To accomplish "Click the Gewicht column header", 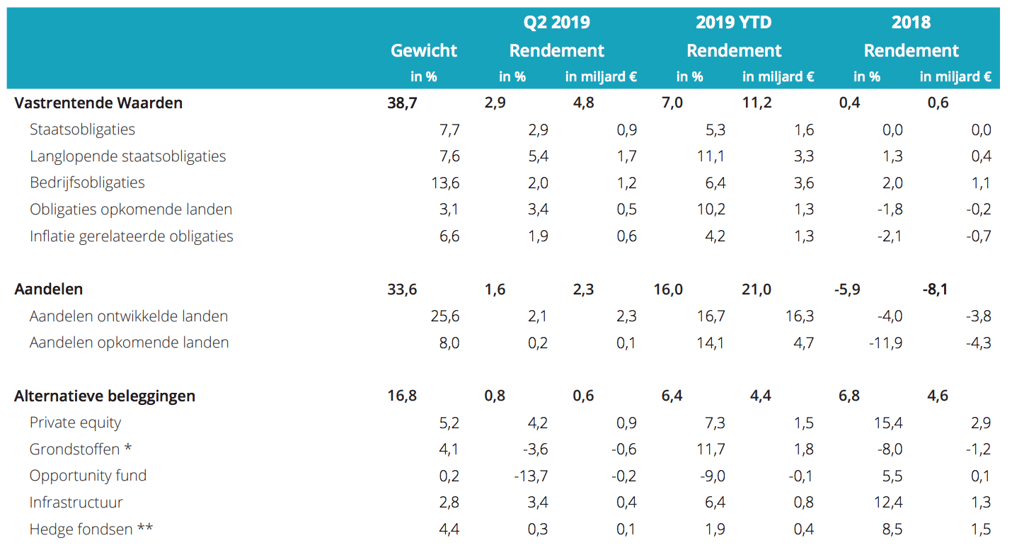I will (424, 50).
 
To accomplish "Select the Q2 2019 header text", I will (556, 22).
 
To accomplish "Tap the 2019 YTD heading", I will (733, 22).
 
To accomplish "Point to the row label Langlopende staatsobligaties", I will (128, 156).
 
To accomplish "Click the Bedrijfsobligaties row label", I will (87, 183).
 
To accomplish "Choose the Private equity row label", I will (75, 423).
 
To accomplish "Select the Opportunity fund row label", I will (88, 476).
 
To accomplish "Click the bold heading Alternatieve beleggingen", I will (105, 396).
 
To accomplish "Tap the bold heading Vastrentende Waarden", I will (98, 103).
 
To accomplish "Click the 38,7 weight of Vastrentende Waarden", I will (403, 103).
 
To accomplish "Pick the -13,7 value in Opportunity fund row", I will (531, 476).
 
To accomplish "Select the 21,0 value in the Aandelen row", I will (757, 289).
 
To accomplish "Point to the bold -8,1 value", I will (935, 289).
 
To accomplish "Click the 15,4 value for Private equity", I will (888, 423).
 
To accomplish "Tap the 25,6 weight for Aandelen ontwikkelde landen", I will (445, 316).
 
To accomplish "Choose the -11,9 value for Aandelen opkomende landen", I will (885, 343).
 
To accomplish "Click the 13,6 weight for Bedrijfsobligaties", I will (445, 183).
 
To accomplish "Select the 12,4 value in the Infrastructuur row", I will (888, 503).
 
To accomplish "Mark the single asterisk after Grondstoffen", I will (127, 448).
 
